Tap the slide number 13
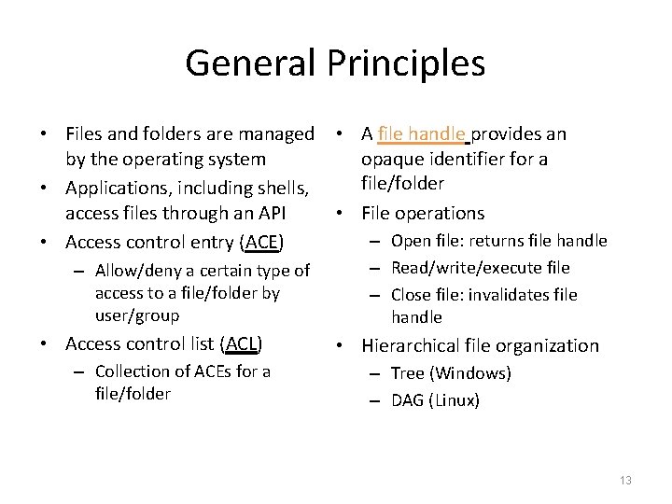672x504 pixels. click(x=625, y=480)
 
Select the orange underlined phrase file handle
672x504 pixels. click(x=421, y=133)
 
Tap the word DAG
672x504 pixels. click(x=408, y=400)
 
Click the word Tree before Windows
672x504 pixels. click(x=408, y=373)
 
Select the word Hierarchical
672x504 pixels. click(x=413, y=344)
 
